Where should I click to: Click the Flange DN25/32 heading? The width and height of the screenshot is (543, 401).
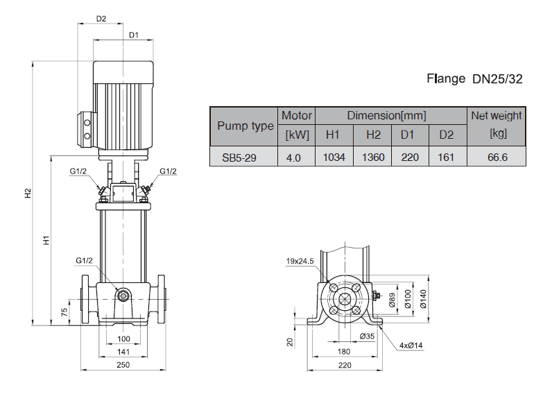tap(474, 78)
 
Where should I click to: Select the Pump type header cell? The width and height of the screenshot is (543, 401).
tap(245, 126)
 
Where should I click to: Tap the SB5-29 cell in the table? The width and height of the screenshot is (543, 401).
tap(239, 157)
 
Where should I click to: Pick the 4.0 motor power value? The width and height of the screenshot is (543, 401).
tap(293, 157)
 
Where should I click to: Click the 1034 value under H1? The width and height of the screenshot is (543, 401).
tap(334, 157)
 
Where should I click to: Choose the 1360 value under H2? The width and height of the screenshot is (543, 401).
tap(373, 157)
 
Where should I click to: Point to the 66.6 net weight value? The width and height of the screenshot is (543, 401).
tap(497, 157)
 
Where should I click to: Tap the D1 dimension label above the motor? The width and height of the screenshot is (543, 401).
tap(134, 35)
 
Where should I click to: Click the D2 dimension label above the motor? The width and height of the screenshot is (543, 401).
tap(101, 19)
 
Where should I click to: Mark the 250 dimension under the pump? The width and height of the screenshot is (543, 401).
tap(123, 365)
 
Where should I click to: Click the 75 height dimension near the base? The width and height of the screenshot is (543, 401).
tap(64, 310)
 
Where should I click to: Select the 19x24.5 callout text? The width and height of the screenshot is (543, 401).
tap(300, 261)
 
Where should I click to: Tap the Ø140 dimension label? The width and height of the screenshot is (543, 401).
tap(423, 298)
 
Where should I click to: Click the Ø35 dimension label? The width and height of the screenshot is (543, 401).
tap(368, 336)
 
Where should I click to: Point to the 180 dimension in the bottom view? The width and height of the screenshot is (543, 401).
tap(343, 352)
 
